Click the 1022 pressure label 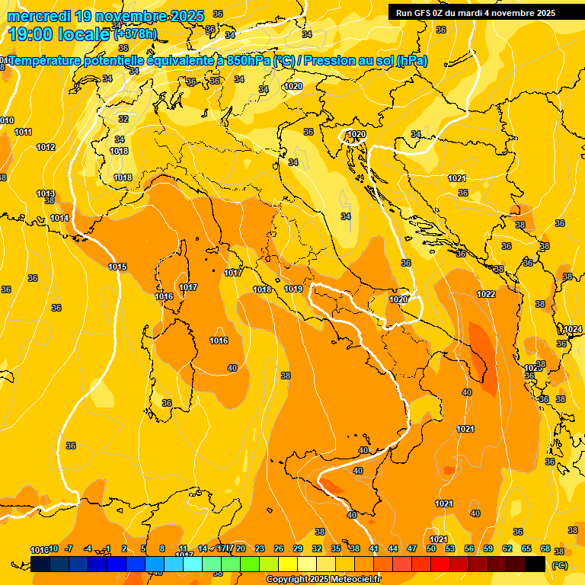click(486, 294)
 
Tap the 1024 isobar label click(573, 329)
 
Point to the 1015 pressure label click(117, 267)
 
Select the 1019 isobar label click(293, 289)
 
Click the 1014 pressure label click(59, 218)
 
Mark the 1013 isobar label click(46, 193)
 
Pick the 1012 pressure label click(46, 147)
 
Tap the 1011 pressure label click(23, 132)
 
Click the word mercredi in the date click(40, 16)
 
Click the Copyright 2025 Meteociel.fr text click(323, 580)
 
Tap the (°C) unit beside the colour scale click(559, 566)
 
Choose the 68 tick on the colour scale click(545, 548)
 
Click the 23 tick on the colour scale click(260, 548)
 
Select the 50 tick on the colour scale click(431, 548)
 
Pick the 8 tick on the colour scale click(162, 548)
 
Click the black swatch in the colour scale click(535, 564)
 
